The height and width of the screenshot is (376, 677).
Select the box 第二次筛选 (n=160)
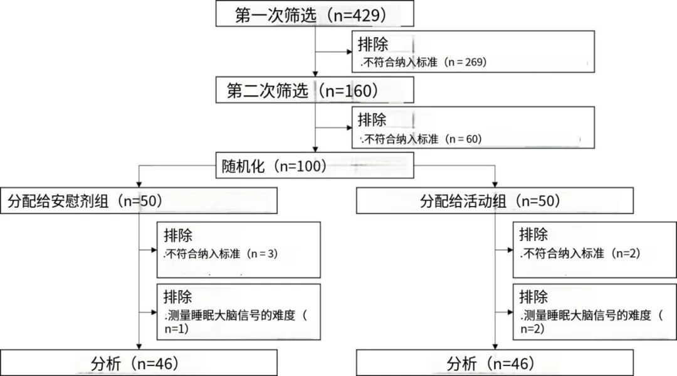coord(315,90)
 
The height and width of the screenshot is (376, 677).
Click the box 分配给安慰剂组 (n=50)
coord(139,201)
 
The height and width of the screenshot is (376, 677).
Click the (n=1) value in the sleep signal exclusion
coord(177,327)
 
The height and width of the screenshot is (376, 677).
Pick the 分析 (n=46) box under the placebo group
coord(139,363)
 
